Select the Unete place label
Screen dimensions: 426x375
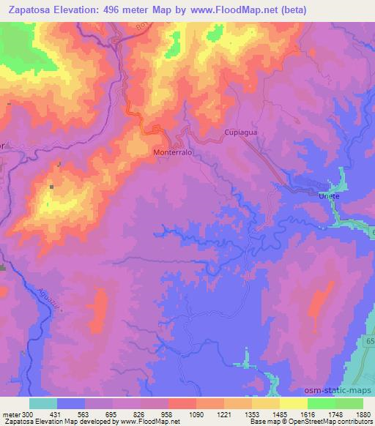pyautogui.click(x=330, y=195)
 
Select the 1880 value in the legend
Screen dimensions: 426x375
pyautogui.click(x=364, y=414)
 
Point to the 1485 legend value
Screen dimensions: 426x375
pyautogui.click(x=281, y=414)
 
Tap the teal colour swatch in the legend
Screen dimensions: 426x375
pyautogui.click(x=43, y=403)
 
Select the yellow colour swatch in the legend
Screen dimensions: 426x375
pyautogui.click(x=294, y=403)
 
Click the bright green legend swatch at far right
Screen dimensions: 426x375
pyautogui.click(x=349, y=403)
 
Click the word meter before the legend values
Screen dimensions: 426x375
pyautogui.click(x=10, y=414)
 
